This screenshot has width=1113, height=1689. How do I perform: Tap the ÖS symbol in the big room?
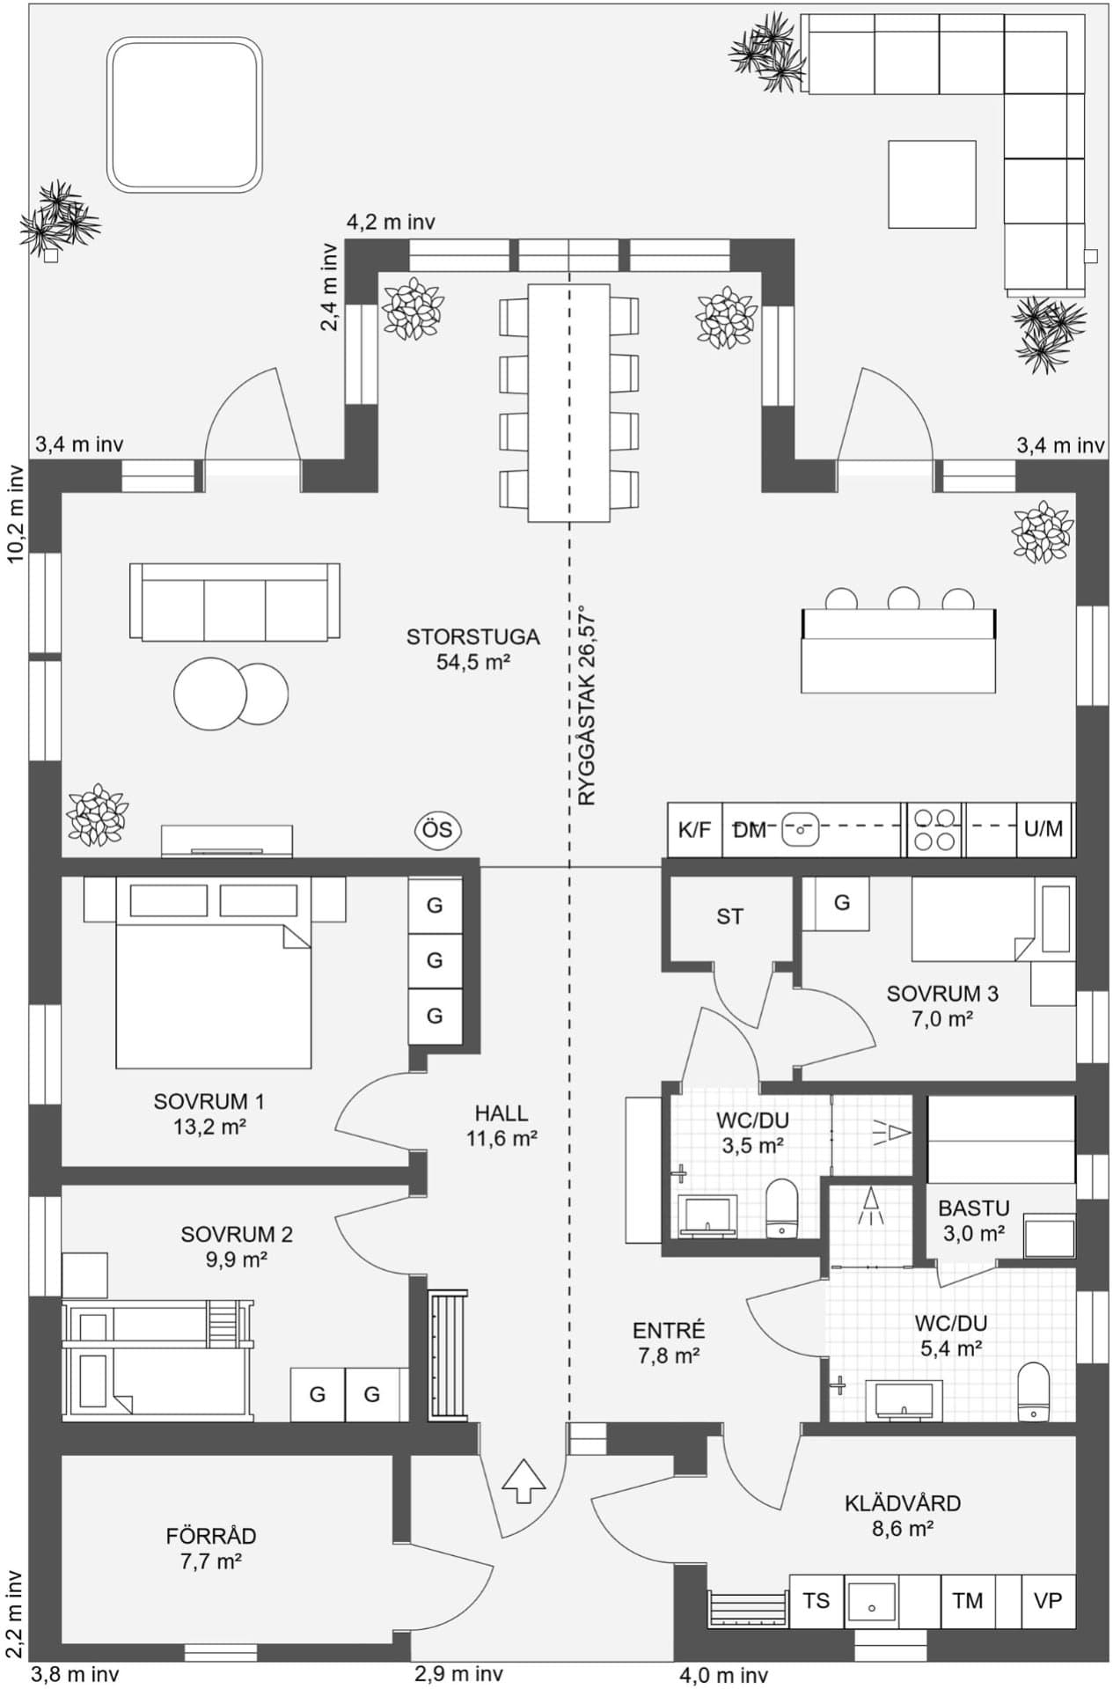pos(438,830)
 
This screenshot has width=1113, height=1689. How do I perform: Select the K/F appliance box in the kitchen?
pos(694,829)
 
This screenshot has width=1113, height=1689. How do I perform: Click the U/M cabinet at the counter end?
pos(1043,829)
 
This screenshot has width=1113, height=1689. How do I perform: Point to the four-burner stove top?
pos(934,829)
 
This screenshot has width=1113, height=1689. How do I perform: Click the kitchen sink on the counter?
pos(800,828)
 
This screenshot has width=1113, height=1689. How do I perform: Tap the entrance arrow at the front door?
pos(524,1480)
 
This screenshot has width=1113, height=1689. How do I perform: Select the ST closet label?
pos(729,917)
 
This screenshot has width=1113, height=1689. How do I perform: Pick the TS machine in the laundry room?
pos(816,1600)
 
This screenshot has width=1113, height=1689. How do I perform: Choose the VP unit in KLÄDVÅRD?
pos(1047,1600)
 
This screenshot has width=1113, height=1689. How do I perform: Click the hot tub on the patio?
pos(186,114)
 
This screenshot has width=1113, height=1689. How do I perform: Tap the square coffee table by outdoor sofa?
pos(932,184)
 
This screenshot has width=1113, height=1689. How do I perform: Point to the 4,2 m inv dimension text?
pos(391,223)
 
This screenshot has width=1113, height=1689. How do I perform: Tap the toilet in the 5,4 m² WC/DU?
pos(1033,1392)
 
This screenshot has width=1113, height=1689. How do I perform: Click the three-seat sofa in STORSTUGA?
pos(234,601)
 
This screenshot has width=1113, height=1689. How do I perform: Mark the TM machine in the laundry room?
pos(967,1600)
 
